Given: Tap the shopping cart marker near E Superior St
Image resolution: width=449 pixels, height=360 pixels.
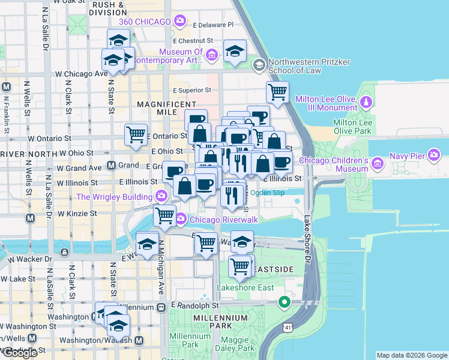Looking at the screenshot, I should (277, 92).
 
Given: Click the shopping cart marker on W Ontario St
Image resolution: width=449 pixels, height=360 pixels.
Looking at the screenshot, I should (136, 134).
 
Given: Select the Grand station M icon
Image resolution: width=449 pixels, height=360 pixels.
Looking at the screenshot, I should (111, 165).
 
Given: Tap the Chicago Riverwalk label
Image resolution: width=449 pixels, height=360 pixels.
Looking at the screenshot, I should (223, 220).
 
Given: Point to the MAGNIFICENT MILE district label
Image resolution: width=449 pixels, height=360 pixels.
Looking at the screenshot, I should (167, 104).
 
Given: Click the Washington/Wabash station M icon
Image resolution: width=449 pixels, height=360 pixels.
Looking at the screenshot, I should (139, 341).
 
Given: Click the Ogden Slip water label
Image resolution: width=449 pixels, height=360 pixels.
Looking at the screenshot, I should (265, 193).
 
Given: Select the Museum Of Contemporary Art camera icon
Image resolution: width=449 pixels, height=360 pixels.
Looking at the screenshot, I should (211, 56).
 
